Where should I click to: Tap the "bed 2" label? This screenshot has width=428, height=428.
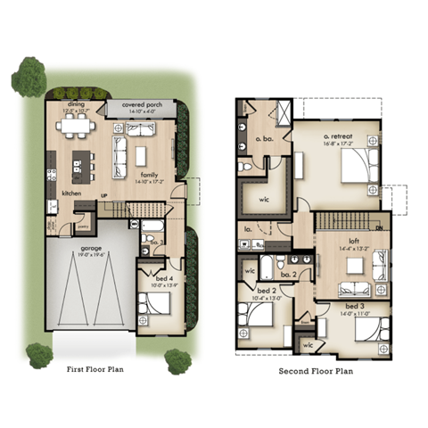click(x=267, y=291)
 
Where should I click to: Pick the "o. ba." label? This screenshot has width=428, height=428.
click(x=263, y=139)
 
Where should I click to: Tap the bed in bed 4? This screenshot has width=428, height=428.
click(x=158, y=303)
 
